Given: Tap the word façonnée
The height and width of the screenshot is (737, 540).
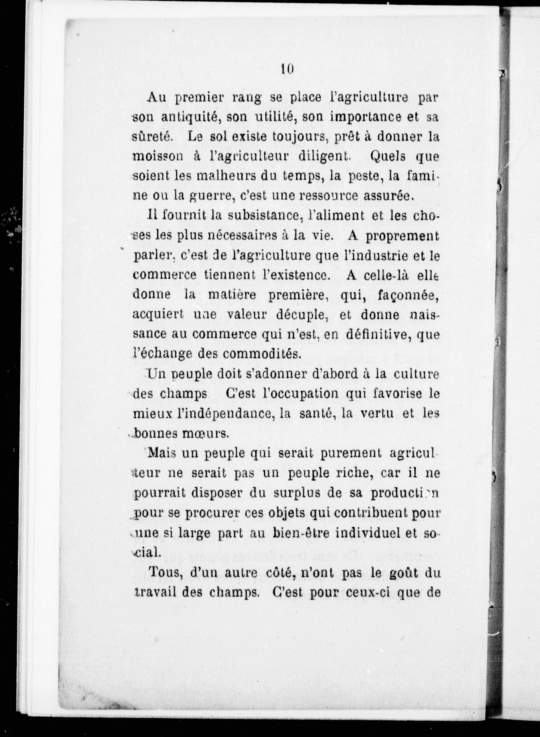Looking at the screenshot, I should (x=406, y=295).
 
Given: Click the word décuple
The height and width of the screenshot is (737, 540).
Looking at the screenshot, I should (x=301, y=314).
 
